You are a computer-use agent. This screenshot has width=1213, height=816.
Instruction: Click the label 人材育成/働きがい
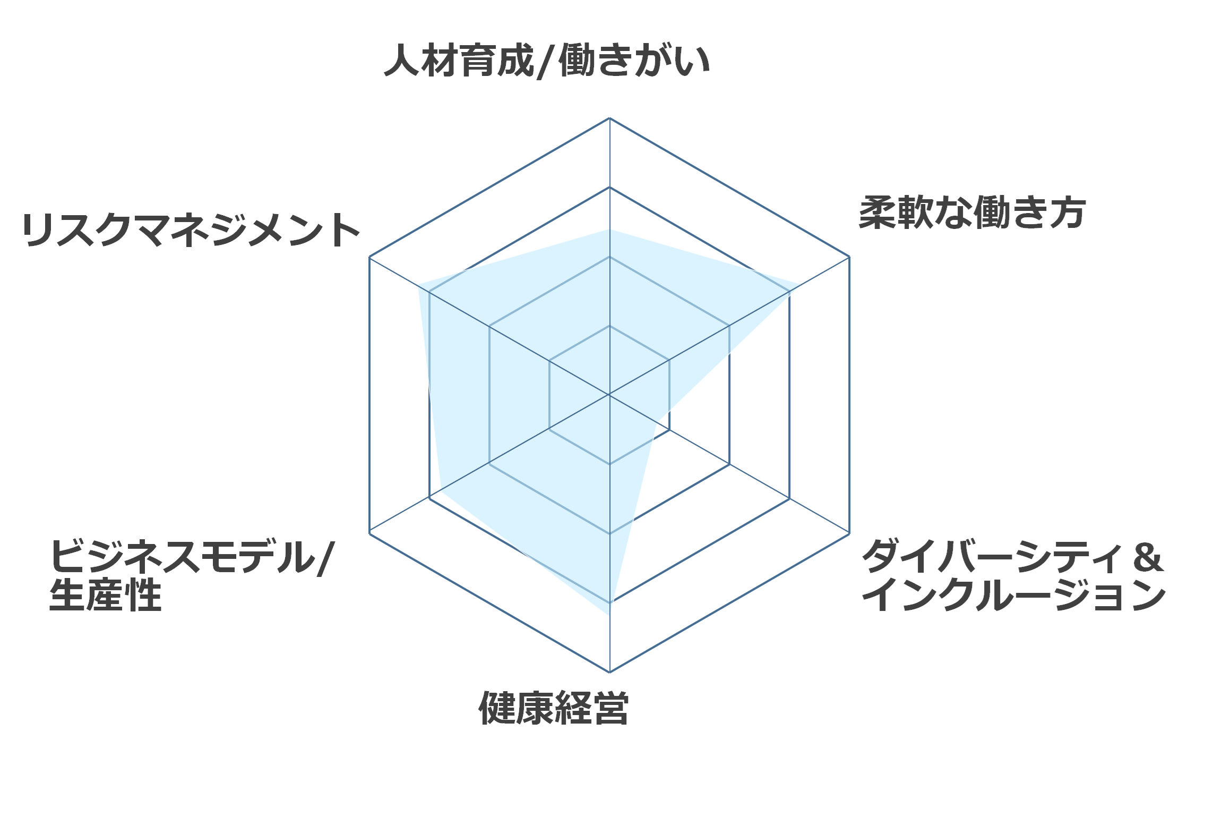pyautogui.click(x=547, y=61)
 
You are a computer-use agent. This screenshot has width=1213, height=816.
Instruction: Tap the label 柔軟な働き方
pyautogui.click(x=973, y=212)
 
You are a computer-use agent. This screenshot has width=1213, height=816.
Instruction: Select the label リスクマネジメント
pyautogui.click(x=191, y=230)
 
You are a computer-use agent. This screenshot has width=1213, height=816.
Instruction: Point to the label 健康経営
pyautogui.click(x=554, y=708)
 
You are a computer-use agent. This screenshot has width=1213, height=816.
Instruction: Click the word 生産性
pyautogui.click(x=105, y=595)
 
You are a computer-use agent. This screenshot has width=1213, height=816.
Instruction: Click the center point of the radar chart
pyautogui.click(x=609, y=395)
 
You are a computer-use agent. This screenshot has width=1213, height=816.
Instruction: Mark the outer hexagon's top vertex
pyautogui.click(x=609, y=118)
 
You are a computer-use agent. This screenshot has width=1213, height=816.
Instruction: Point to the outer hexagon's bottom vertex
pyautogui.click(x=609, y=672)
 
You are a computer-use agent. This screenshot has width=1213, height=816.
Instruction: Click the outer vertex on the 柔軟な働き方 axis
pyautogui.click(x=849, y=257)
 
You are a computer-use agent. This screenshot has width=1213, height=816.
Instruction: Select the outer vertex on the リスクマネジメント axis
pyautogui.click(x=369, y=257)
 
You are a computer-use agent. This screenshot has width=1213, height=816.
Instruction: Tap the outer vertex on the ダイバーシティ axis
pyautogui.click(x=849, y=533)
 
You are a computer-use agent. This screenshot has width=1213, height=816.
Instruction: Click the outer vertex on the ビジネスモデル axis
pyautogui.click(x=369, y=533)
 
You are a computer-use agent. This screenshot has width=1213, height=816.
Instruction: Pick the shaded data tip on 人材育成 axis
pyautogui.click(x=609, y=229)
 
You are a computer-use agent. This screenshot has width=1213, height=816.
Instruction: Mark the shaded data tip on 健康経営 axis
pyautogui.click(x=609, y=615)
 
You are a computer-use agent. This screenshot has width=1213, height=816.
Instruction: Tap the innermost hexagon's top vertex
pyautogui.click(x=609, y=326)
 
